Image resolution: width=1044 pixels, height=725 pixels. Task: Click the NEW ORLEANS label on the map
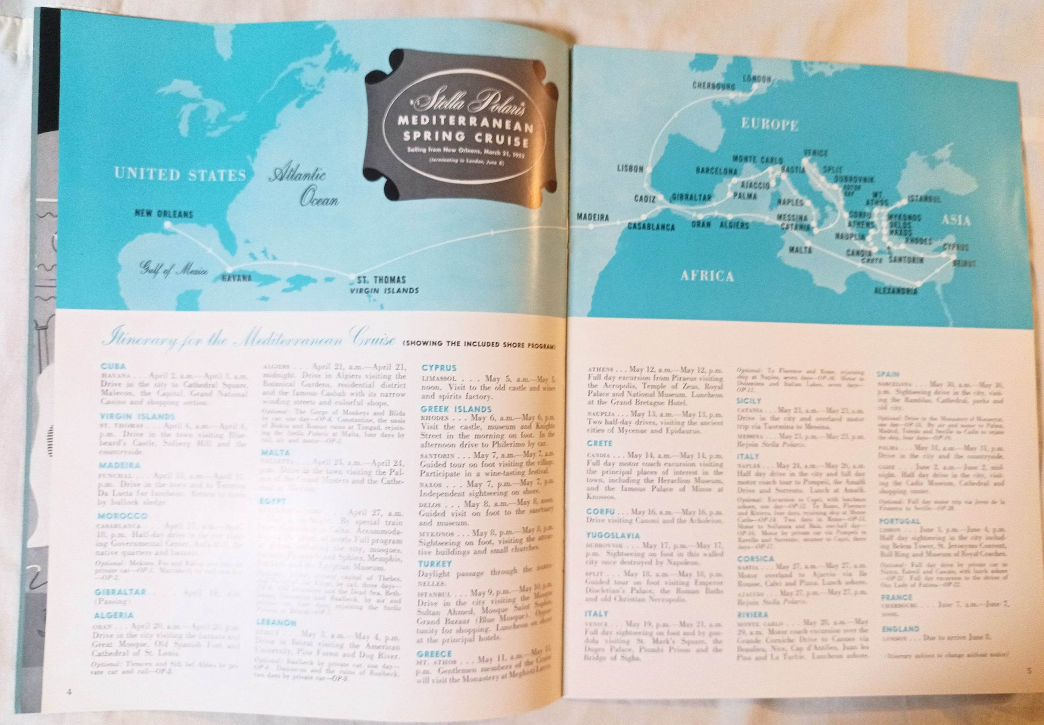(x=164, y=214)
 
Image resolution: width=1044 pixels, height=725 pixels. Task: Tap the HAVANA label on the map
(x=237, y=278)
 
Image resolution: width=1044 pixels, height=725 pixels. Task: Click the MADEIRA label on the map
(x=593, y=217)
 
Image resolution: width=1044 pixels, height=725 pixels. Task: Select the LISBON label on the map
(x=630, y=169)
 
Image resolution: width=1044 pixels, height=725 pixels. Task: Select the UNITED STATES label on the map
(x=180, y=175)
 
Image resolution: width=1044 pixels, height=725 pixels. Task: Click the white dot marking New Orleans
(x=167, y=226)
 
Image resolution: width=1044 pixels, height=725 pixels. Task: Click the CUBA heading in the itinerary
(x=113, y=367)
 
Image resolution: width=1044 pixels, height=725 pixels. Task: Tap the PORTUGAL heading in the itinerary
(x=899, y=521)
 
